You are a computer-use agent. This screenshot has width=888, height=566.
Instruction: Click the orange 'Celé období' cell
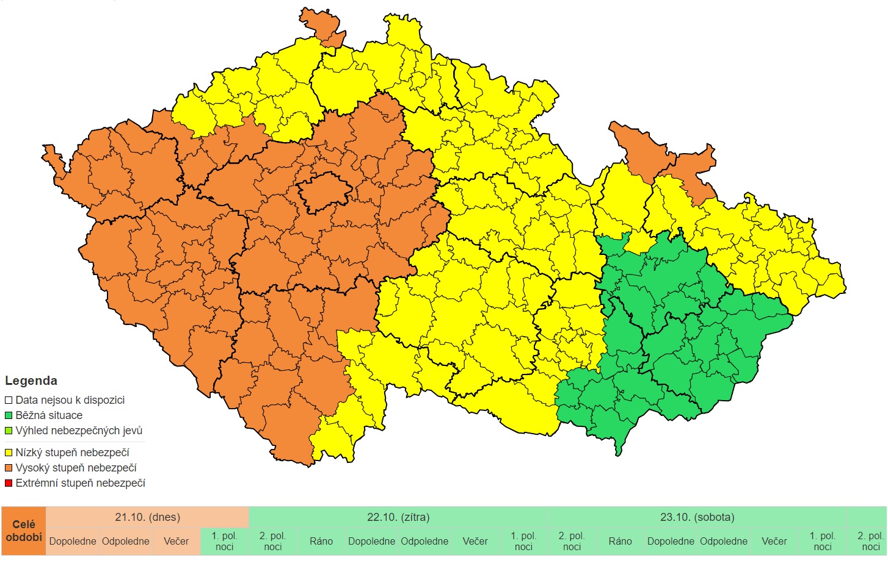tap(23, 531)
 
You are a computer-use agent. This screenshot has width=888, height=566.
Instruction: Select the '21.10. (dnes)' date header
tap(147, 517)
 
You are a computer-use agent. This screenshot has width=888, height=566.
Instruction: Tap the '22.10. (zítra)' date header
tap(398, 517)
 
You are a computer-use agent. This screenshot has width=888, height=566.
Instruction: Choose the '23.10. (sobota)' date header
tap(697, 517)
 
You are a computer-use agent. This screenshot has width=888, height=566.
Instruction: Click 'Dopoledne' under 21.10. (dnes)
tap(73, 541)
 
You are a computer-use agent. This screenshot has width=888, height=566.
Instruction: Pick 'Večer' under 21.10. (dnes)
tap(176, 541)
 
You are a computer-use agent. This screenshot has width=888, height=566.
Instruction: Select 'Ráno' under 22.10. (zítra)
tap(321, 541)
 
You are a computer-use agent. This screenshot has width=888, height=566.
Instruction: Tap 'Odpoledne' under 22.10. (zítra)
tap(424, 541)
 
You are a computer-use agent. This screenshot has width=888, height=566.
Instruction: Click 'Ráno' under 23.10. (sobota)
tap(620, 541)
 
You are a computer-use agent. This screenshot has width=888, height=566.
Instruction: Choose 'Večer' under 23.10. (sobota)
tap(774, 541)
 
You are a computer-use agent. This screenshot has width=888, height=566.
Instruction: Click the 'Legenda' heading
tap(31, 381)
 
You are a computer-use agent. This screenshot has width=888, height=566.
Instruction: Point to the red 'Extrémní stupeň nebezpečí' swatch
tap(9, 484)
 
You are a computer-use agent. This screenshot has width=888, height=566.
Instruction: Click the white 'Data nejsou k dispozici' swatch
tap(9, 401)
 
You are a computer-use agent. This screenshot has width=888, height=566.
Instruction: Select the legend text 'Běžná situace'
tap(49, 415)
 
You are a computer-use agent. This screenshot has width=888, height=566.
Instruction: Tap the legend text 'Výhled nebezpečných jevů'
tap(79, 431)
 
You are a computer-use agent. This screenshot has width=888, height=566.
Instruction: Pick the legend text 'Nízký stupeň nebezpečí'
tap(72, 453)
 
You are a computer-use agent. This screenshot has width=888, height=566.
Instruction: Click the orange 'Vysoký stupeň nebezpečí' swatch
tap(9, 468)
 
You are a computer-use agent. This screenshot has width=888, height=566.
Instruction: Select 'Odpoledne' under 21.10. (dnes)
tap(125, 541)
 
